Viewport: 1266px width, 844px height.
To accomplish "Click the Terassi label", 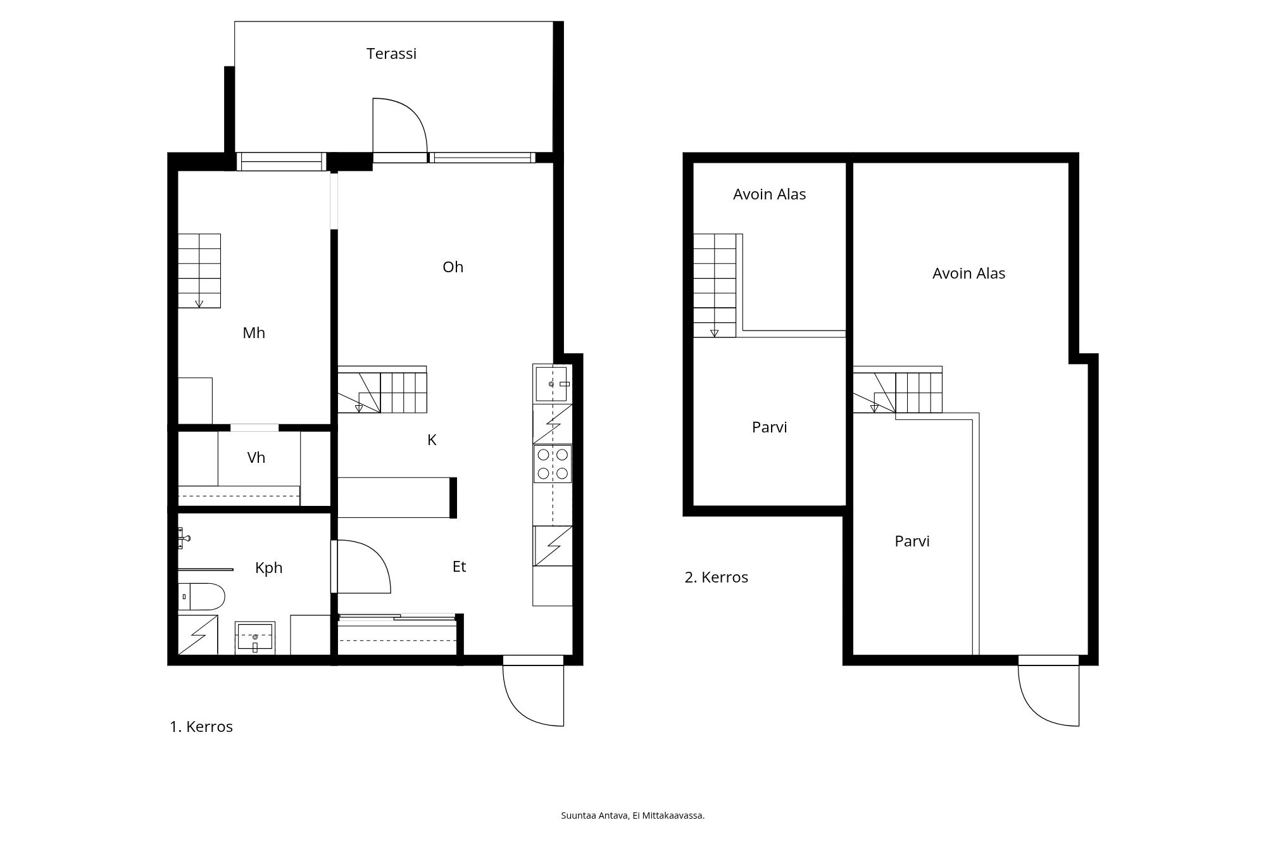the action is pos(391,54).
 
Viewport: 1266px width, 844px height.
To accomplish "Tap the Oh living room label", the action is pos(453,267).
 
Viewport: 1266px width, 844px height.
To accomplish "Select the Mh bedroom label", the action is pos(254,333).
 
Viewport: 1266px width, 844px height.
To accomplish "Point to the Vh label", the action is pos(256,458).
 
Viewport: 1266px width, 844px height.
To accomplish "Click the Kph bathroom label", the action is pos(268,568).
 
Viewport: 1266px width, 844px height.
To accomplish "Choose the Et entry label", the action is pos(459,567).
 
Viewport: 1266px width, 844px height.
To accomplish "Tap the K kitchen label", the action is pos(432,440).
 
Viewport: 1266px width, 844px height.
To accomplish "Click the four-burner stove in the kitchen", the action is pos(553,464).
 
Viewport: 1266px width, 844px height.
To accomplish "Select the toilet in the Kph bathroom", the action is pos(201,596).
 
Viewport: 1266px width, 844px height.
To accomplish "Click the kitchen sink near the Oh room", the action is pos(551,384).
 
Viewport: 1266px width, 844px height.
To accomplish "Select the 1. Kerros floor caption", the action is pos(201,727).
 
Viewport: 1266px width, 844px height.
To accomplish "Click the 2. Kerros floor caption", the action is pos(717,577).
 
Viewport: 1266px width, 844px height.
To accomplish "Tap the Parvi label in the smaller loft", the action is pos(769,427).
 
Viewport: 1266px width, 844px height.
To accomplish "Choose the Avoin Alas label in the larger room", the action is pos(968,274).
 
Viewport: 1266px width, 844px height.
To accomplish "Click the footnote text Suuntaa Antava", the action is pos(594,816).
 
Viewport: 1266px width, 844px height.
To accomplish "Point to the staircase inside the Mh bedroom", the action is pos(199,271).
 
